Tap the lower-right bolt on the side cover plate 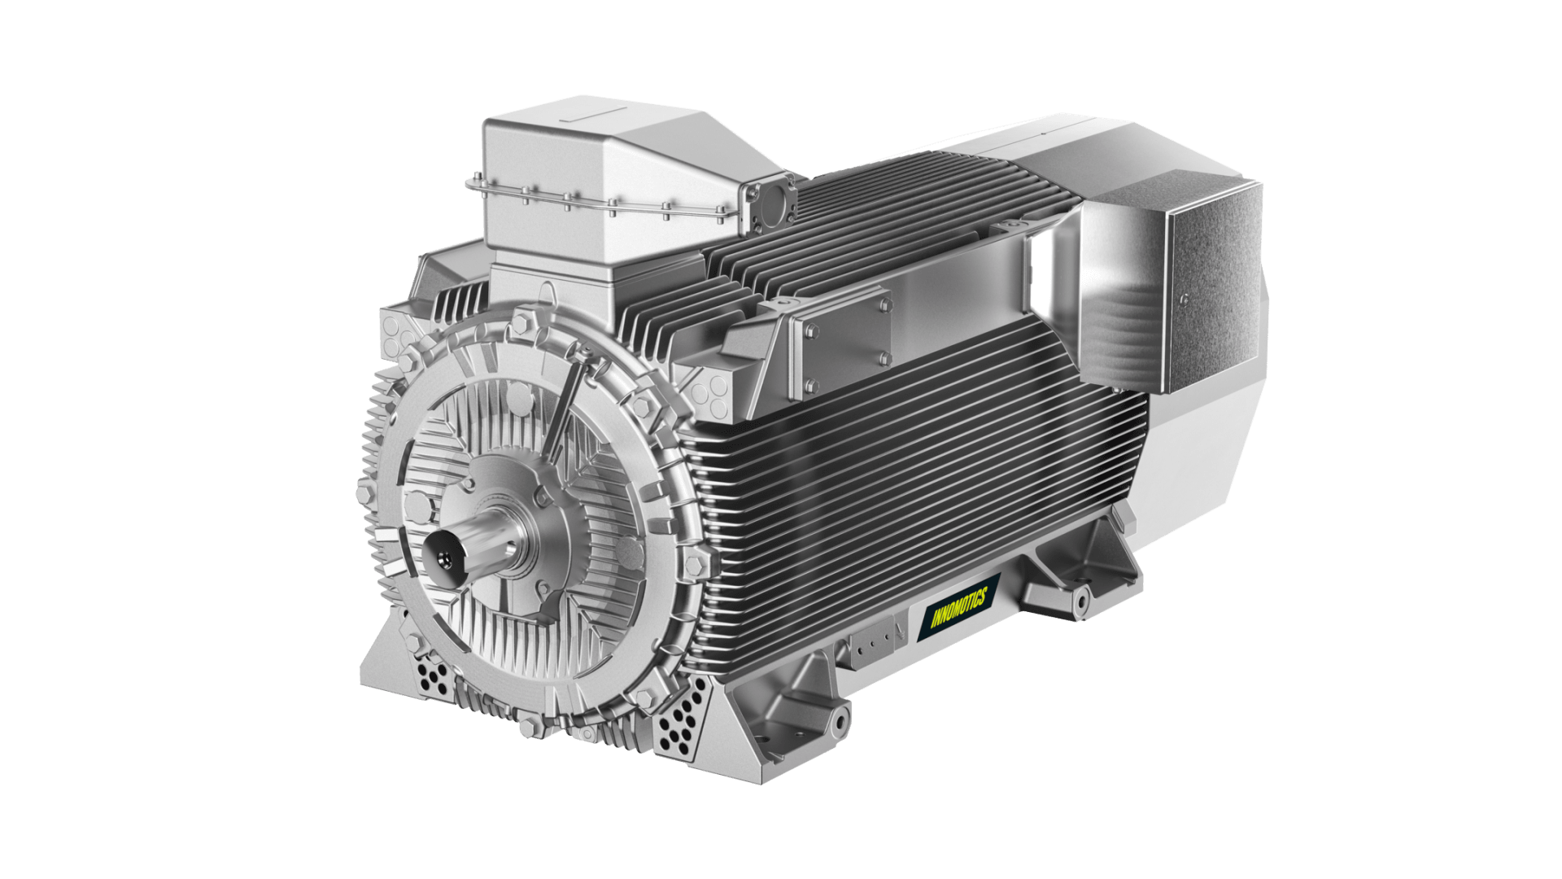pyautogui.click(x=884, y=358)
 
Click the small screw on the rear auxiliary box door pyautogui.click(x=1184, y=297)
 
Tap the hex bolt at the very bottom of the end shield pyautogui.click(x=529, y=724)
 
